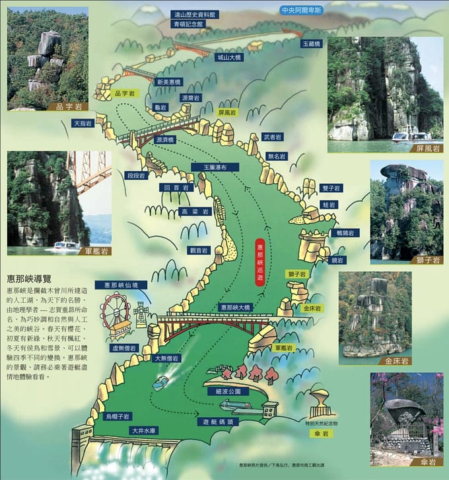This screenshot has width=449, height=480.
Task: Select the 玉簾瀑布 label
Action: pyautogui.click(x=210, y=167)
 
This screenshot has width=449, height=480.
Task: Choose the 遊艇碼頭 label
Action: pyautogui.click(x=216, y=421)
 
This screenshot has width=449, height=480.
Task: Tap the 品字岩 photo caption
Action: pyautogui.click(x=71, y=106)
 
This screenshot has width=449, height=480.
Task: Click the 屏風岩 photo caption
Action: pyautogui.click(x=428, y=149)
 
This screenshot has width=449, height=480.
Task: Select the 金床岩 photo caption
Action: pyautogui.click(x=396, y=361)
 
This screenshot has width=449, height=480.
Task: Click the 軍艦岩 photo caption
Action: pyautogui.click(x=96, y=251)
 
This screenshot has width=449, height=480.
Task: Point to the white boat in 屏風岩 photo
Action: pyautogui.click(x=403, y=138)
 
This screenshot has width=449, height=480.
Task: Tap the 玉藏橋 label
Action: pyautogui.click(x=310, y=44)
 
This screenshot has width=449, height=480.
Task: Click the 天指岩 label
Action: pyautogui.click(x=83, y=123)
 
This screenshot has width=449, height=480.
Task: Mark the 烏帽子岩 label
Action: pyautogui.click(x=118, y=417)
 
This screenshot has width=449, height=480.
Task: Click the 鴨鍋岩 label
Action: pyautogui.click(x=345, y=233)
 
